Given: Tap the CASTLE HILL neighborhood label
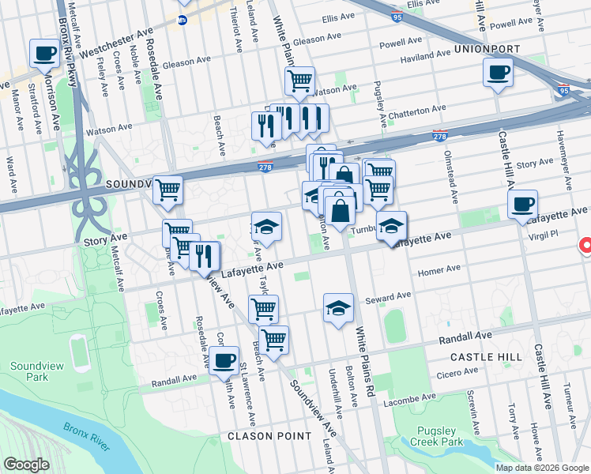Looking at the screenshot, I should (x=486, y=357).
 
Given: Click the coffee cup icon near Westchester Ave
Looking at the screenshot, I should (x=44, y=54).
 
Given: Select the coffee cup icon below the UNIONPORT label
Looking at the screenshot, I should (x=497, y=73).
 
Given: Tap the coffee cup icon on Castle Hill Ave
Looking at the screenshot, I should (x=522, y=204).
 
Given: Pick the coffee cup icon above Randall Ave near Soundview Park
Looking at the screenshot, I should (x=224, y=360).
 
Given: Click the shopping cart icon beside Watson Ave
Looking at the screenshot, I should (x=299, y=80).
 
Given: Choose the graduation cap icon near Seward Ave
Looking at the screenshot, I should (x=338, y=307).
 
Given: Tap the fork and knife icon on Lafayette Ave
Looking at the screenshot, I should (x=205, y=255).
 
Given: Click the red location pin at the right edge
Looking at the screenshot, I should (x=585, y=246).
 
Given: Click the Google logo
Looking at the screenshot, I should (x=26, y=465).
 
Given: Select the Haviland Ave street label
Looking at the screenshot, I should (x=426, y=57).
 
